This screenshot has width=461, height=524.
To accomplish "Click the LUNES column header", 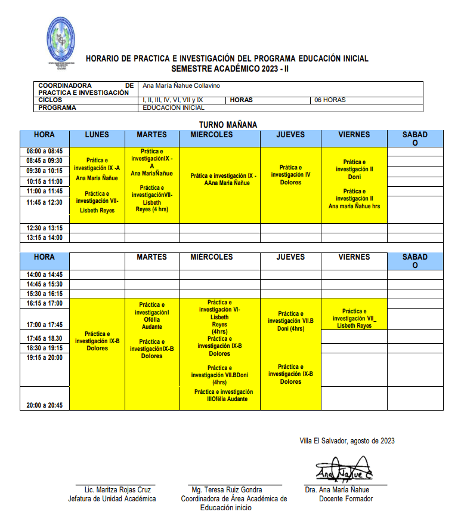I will click(97, 135).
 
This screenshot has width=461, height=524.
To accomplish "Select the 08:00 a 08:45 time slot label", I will click(44, 152).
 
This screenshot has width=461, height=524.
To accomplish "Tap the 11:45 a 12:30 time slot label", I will click(44, 202).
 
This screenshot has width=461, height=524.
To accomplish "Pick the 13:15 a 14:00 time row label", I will click(44, 238).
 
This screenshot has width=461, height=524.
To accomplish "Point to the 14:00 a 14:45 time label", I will click(44, 275).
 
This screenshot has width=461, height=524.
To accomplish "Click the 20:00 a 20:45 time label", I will click(44, 405).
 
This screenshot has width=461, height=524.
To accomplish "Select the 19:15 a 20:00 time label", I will click(44, 357).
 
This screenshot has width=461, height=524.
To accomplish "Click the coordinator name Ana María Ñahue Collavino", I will click(181, 85).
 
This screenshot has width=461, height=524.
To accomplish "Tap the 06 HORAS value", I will click(330, 100).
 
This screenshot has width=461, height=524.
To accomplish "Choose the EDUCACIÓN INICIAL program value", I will click(174, 108).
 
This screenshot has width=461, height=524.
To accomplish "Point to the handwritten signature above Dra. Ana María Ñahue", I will click(344, 470).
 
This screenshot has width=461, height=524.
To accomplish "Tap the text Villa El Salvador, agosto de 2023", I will click(346, 441).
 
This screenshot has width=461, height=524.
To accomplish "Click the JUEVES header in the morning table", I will click(290, 135).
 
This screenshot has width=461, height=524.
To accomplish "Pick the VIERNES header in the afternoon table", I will click(354, 257).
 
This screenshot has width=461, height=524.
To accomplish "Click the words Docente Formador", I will click(346, 498).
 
